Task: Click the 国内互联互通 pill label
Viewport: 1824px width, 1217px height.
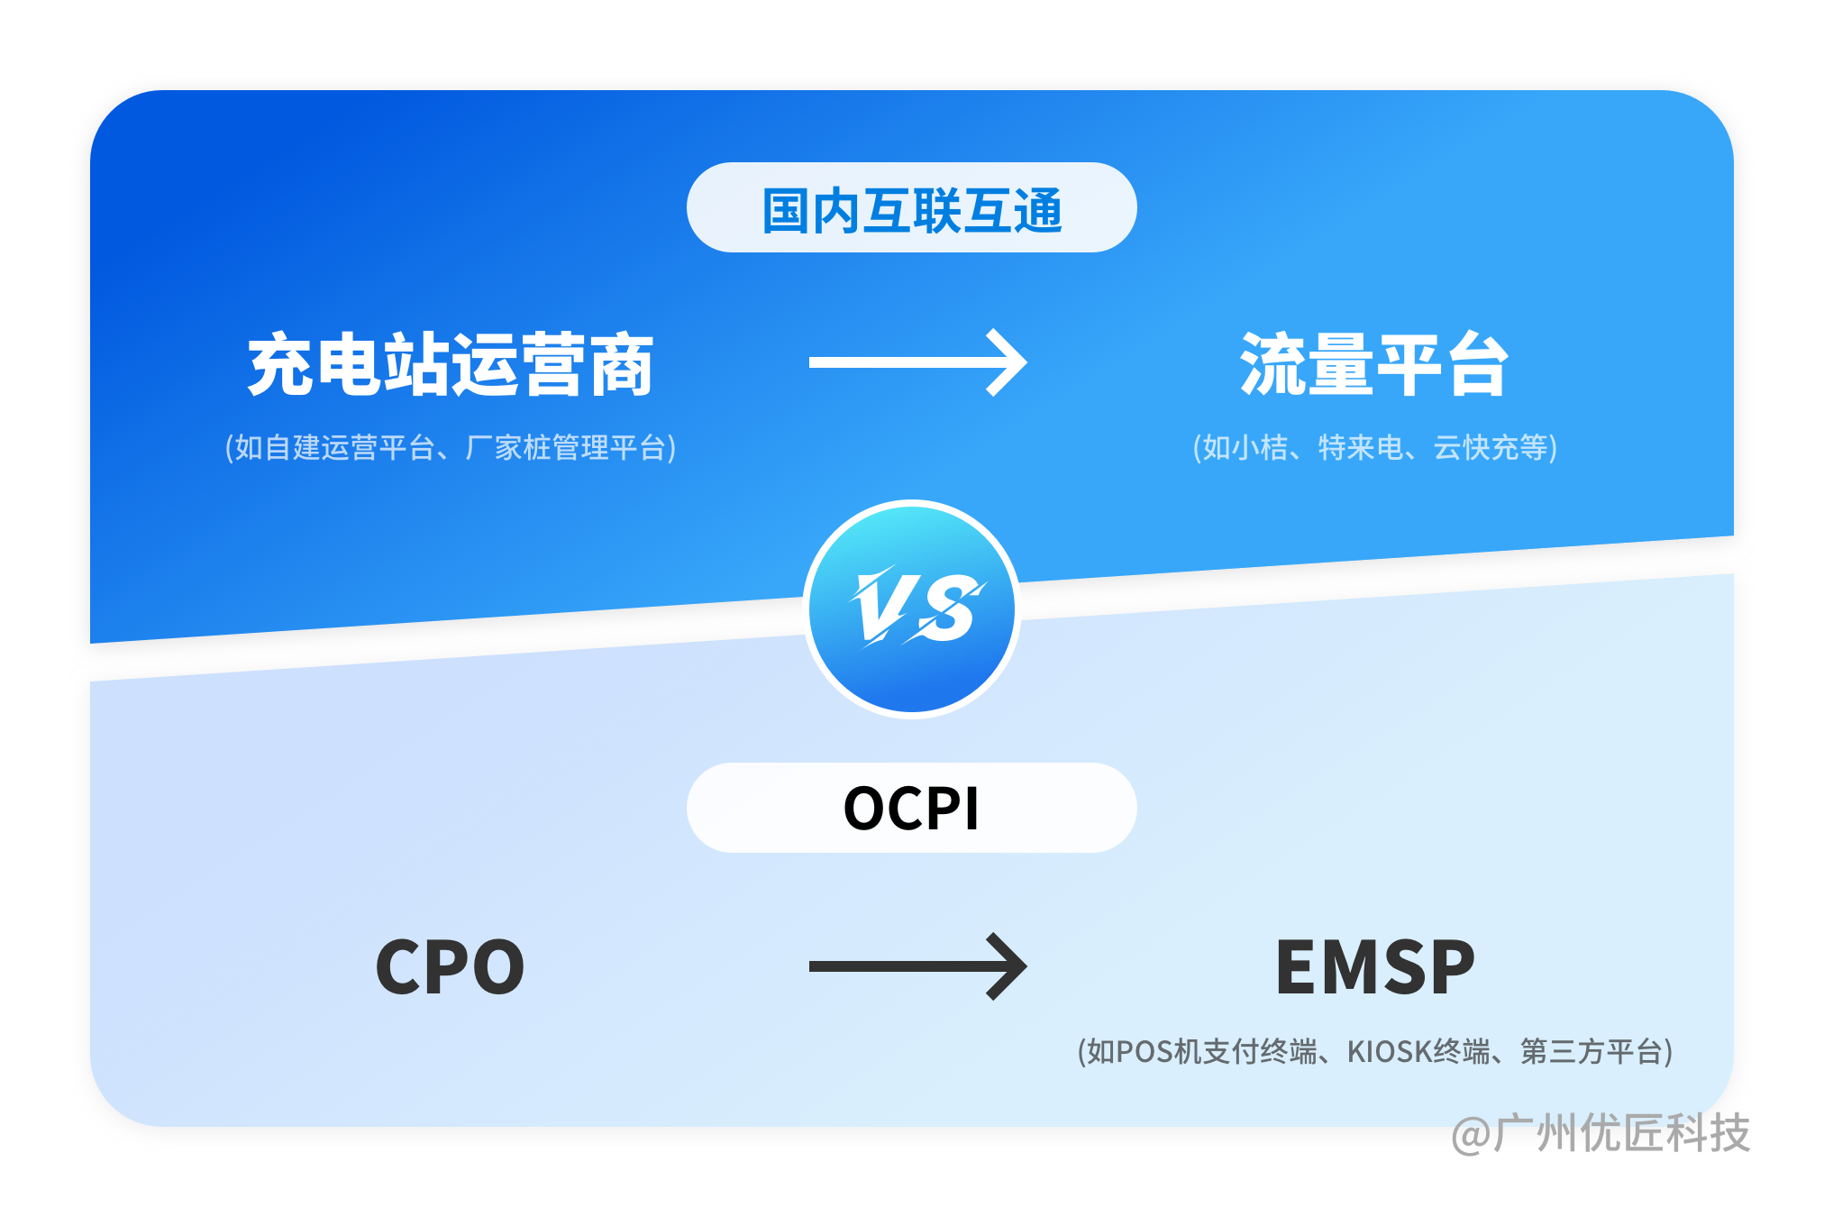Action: (911, 208)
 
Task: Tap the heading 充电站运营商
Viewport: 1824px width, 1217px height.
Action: (451, 364)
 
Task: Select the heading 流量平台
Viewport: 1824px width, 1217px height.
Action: (1374, 364)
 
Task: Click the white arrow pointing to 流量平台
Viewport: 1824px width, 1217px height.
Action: (917, 362)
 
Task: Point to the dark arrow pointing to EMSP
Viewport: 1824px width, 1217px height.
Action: (917, 966)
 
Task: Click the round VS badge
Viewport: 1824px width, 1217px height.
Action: (912, 608)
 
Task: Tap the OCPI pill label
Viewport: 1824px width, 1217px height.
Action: (911, 808)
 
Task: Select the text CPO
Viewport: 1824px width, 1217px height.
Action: (450, 967)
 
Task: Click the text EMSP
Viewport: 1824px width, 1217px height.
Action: (1375, 967)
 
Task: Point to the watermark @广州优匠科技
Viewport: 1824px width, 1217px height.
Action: (1601, 1133)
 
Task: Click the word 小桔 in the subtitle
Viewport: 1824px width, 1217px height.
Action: (1260, 447)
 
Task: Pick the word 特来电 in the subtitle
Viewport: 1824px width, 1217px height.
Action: (1360, 447)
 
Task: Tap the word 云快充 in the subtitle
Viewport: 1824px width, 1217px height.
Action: (1476, 447)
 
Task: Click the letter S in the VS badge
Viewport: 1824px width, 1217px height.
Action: (949, 608)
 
